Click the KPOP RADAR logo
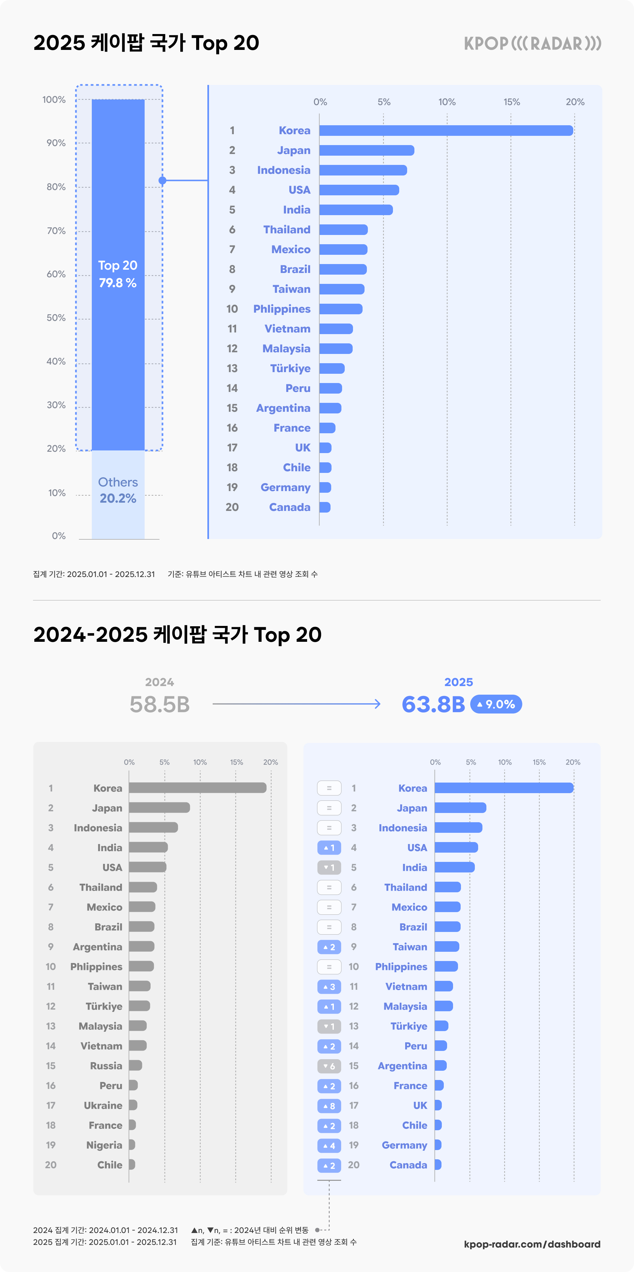532,43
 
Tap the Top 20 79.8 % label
118,274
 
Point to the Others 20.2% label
118,490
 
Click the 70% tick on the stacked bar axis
56,231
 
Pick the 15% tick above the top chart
511,102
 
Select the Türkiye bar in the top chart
332,368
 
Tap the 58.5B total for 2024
159,705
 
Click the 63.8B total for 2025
433,705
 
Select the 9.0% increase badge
496,704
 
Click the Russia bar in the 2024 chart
135,1065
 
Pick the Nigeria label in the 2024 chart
104,1145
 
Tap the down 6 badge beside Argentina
329,1066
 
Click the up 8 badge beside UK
329,1105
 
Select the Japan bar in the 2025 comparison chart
460,808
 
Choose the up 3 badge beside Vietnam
329,986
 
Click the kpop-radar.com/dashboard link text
532,1244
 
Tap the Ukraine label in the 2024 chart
103,1105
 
